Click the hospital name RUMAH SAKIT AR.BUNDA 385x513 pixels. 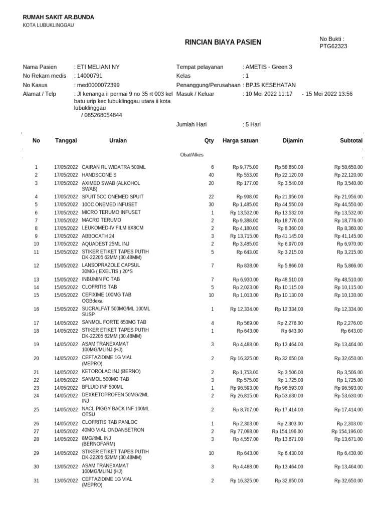coord(58,18)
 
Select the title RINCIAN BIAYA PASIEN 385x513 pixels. coord(223,42)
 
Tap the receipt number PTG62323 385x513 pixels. coord(333,47)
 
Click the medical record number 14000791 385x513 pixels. coord(89,76)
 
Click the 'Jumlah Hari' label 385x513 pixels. coord(192,125)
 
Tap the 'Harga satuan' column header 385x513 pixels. coord(241,141)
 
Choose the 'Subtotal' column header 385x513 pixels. coord(351,141)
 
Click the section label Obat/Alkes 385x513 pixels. coord(191,155)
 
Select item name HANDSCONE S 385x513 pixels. coord(99,175)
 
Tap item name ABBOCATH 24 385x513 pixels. coord(99,235)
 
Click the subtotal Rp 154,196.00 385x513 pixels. coord(347,431)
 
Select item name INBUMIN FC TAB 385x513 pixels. coord(101,279)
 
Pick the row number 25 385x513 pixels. coord(36,410)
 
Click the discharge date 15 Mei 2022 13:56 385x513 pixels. coord(329,94)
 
